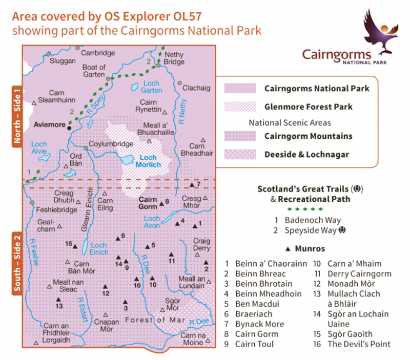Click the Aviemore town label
pyautogui.click(x=50, y=124)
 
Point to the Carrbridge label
pyautogui.click(x=96, y=53)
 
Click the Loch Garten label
pyautogui.click(x=151, y=87)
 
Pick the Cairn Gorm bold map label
pyautogui.click(x=148, y=203)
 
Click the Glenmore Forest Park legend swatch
pyautogui.click(x=240, y=107)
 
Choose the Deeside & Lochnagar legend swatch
pyautogui.click(x=240, y=154)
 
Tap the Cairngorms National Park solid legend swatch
pyautogui.click(x=240, y=88)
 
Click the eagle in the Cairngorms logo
pyautogui.click(x=380, y=32)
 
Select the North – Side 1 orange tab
pyautogui.click(x=16, y=117)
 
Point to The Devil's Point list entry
pyautogui.click(x=359, y=344)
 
